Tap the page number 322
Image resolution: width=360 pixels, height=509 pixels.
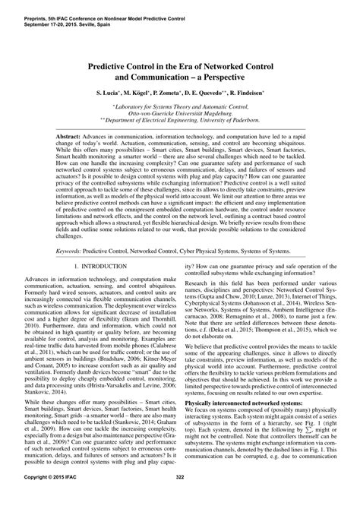click(180, 498)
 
